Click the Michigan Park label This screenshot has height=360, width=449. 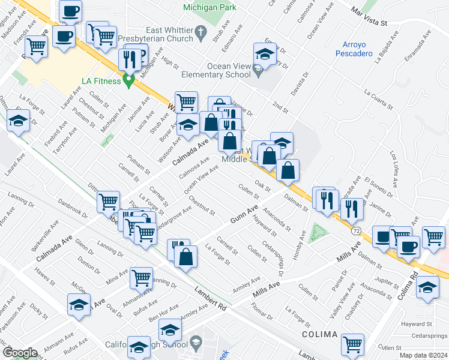(x=209, y=7)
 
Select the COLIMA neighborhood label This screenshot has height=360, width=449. (x=320, y=332)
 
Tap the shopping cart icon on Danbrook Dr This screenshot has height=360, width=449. (x=109, y=202)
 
